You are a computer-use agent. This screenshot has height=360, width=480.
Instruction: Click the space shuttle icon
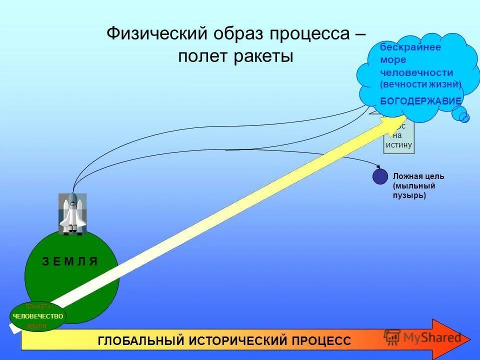(72, 214)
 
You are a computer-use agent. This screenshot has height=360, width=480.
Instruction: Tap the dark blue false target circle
(380, 176)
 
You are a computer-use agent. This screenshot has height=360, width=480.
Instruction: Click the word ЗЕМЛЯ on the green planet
(69, 262)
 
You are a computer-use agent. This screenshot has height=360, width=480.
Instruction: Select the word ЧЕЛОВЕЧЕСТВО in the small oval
(38, 316)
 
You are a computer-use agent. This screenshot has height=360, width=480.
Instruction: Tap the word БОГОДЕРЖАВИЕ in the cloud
(420, 101)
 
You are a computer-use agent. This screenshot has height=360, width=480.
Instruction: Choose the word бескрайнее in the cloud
(403, 47)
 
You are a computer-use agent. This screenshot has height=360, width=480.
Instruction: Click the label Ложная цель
(418, 176)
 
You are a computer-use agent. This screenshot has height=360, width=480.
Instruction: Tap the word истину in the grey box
(399, 145)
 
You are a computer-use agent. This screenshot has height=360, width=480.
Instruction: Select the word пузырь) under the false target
(409, 195)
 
